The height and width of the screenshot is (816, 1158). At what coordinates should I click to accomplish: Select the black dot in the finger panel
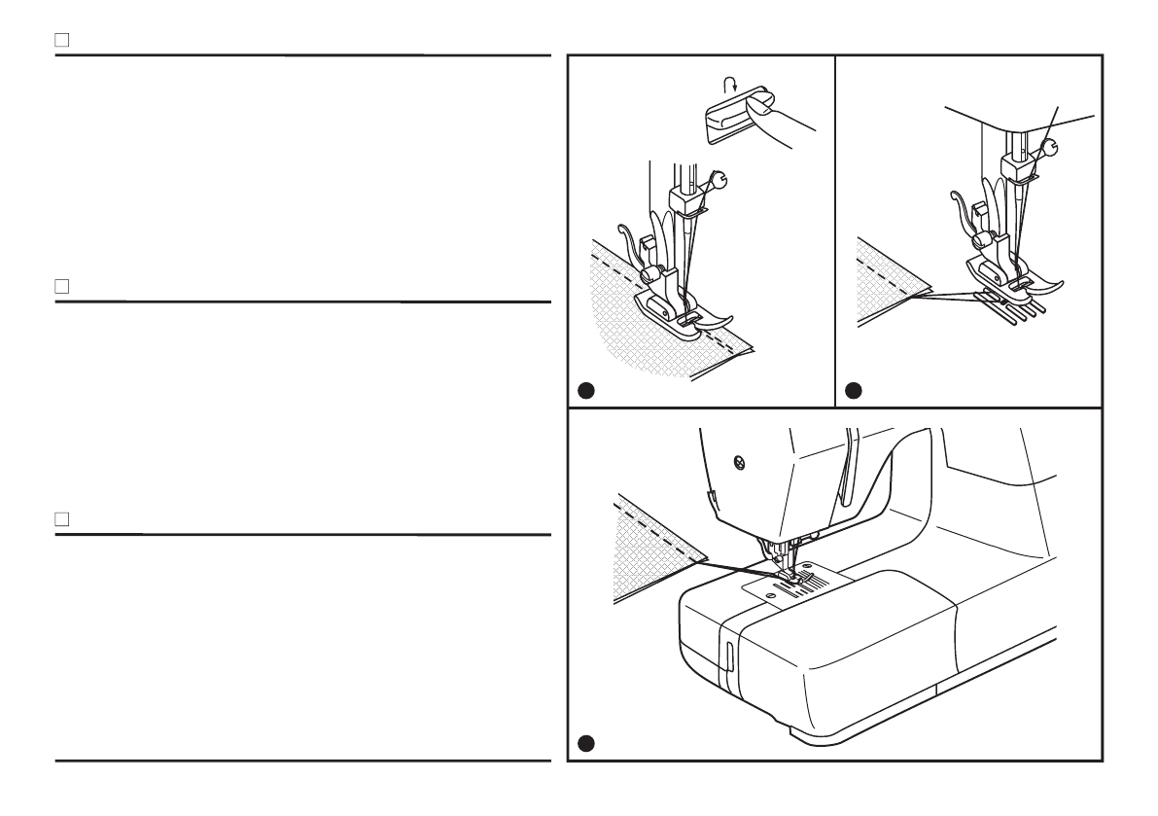pyautogui.click(x=583, y=391)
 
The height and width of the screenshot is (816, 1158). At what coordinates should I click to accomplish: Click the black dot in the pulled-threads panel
pyautogui.click(x=853, y=391)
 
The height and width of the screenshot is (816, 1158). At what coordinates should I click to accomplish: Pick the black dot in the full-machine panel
pyautogui.click(x=583, y=744)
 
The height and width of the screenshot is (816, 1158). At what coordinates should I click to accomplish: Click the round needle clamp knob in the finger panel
pyautogui.click(x=719, y=178)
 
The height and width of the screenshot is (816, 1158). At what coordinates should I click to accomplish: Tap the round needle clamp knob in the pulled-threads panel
pyautogui.click(x=1050, y=148)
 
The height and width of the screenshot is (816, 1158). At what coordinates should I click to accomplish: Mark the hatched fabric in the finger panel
pyautogui.click(x=642, y=331)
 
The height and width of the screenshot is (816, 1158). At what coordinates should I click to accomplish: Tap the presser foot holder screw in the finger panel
pyautogui.click(x=659, y=273)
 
